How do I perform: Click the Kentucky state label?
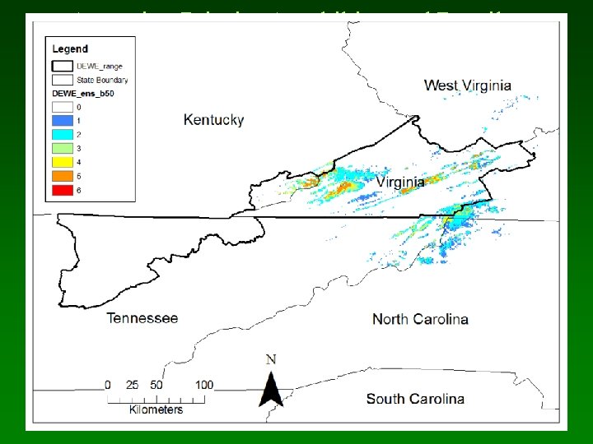click(213, 120)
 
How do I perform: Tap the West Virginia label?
click(467, 85)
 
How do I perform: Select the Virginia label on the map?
click(400, 181)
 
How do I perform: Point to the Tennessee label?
click(142, 318)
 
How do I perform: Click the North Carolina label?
click(420, 319)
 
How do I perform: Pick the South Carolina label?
click(414, 399)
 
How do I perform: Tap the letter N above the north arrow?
click(270, 359)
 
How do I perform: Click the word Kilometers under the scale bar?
click(156, 409)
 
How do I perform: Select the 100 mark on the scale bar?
click(204, 385)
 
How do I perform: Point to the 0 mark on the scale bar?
click(108, 385)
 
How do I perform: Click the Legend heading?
click(71, 50)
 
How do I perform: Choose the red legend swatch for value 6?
click(62, 191)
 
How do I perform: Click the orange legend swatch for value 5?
click(62, 177)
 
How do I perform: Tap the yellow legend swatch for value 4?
click(62, 163)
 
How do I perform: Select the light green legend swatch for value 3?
click(62, 149)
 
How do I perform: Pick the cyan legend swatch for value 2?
click(62, 135)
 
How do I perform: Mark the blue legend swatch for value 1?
click(62, 121)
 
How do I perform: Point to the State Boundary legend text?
click(102, 80)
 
